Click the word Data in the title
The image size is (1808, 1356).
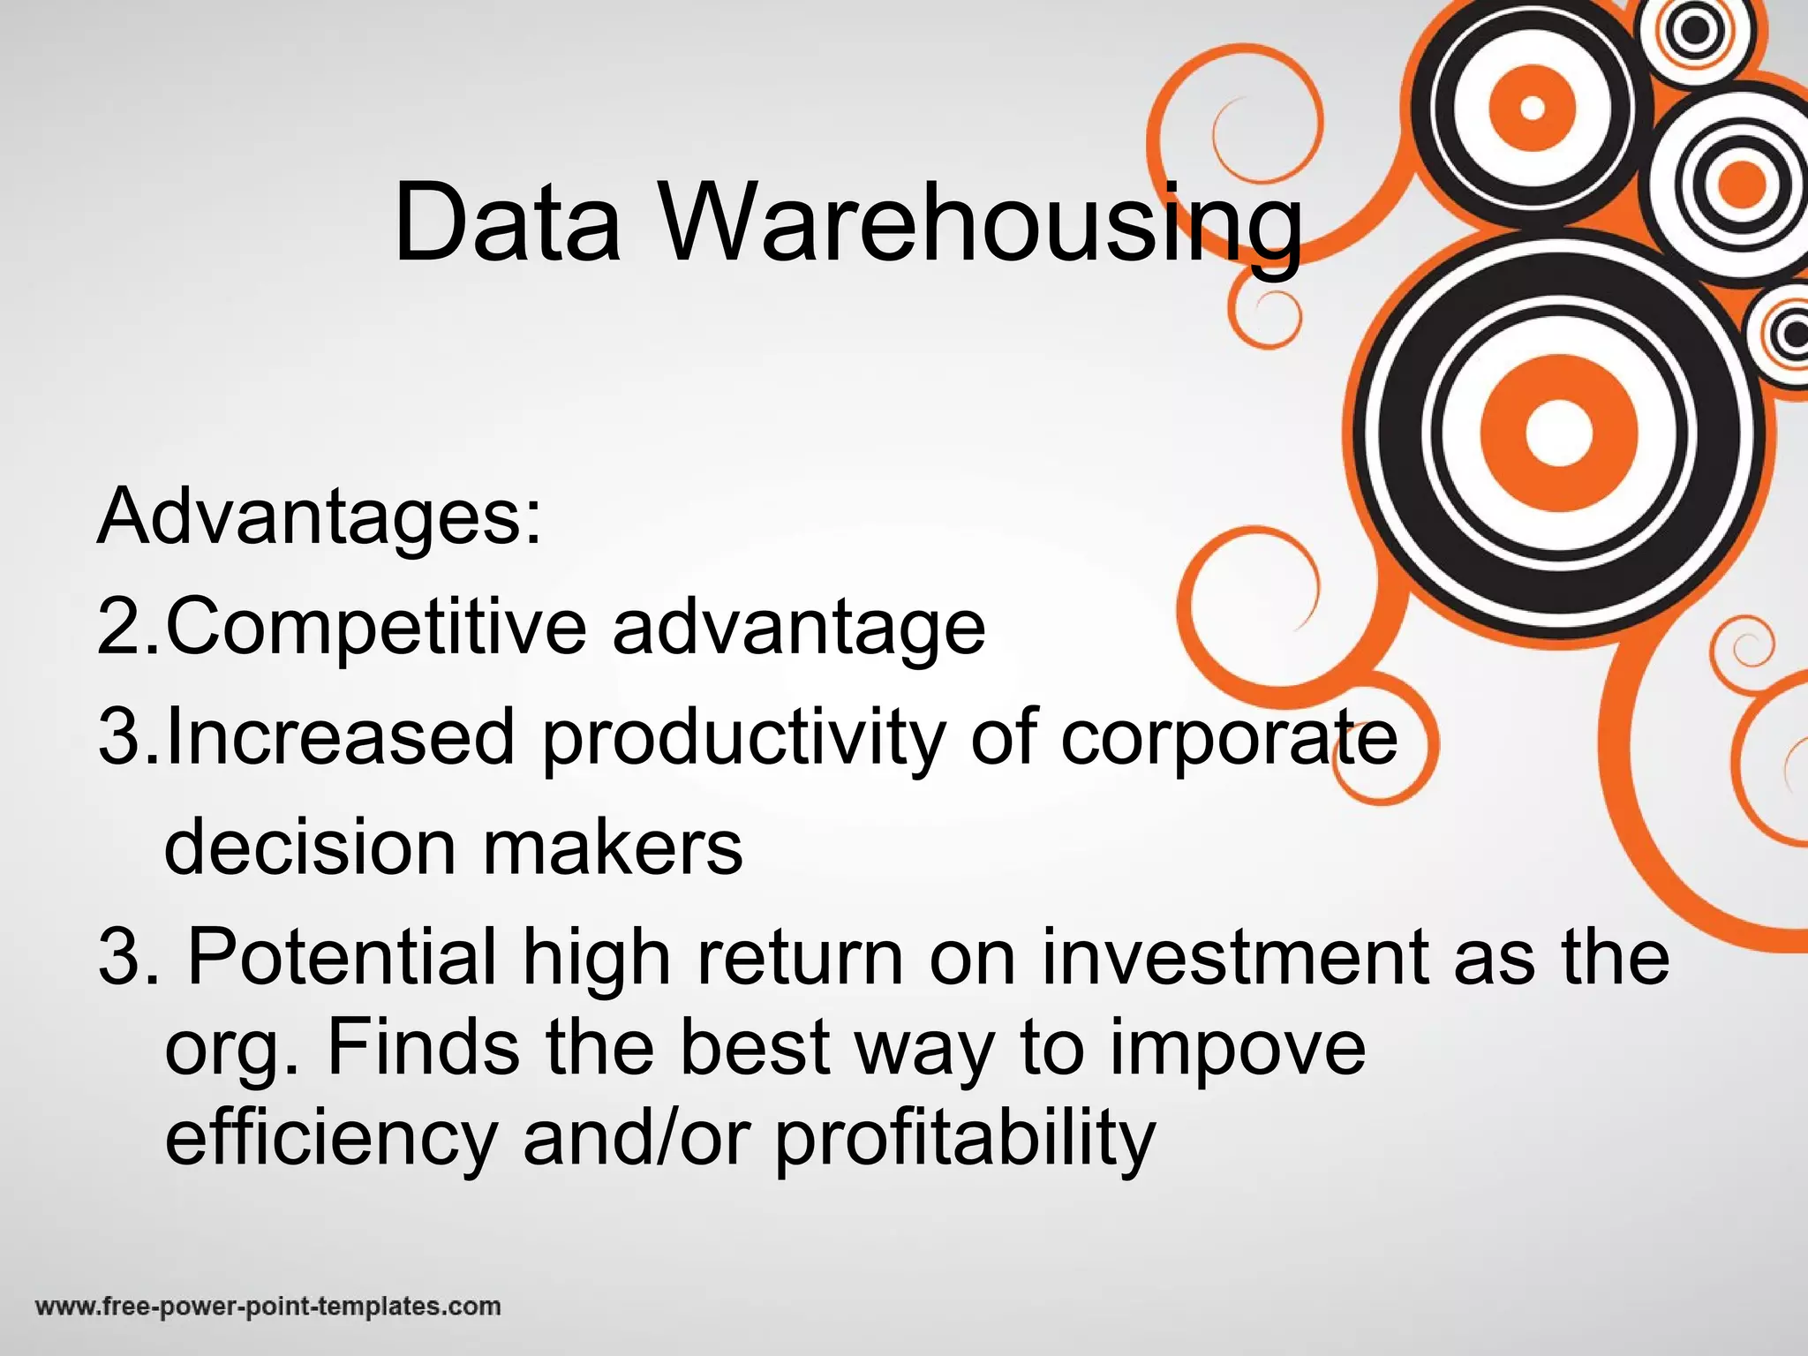click(507, 222)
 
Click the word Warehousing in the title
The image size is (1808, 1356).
click(981, 226)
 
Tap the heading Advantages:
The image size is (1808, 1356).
click(320, 516)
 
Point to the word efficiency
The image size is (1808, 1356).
click(332, 1139)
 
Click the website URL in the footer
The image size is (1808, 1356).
click(268, 1306)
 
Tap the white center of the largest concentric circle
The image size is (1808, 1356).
click(1558, 433)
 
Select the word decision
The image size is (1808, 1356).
click(310, 847)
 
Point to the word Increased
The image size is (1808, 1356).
click(340, 737)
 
